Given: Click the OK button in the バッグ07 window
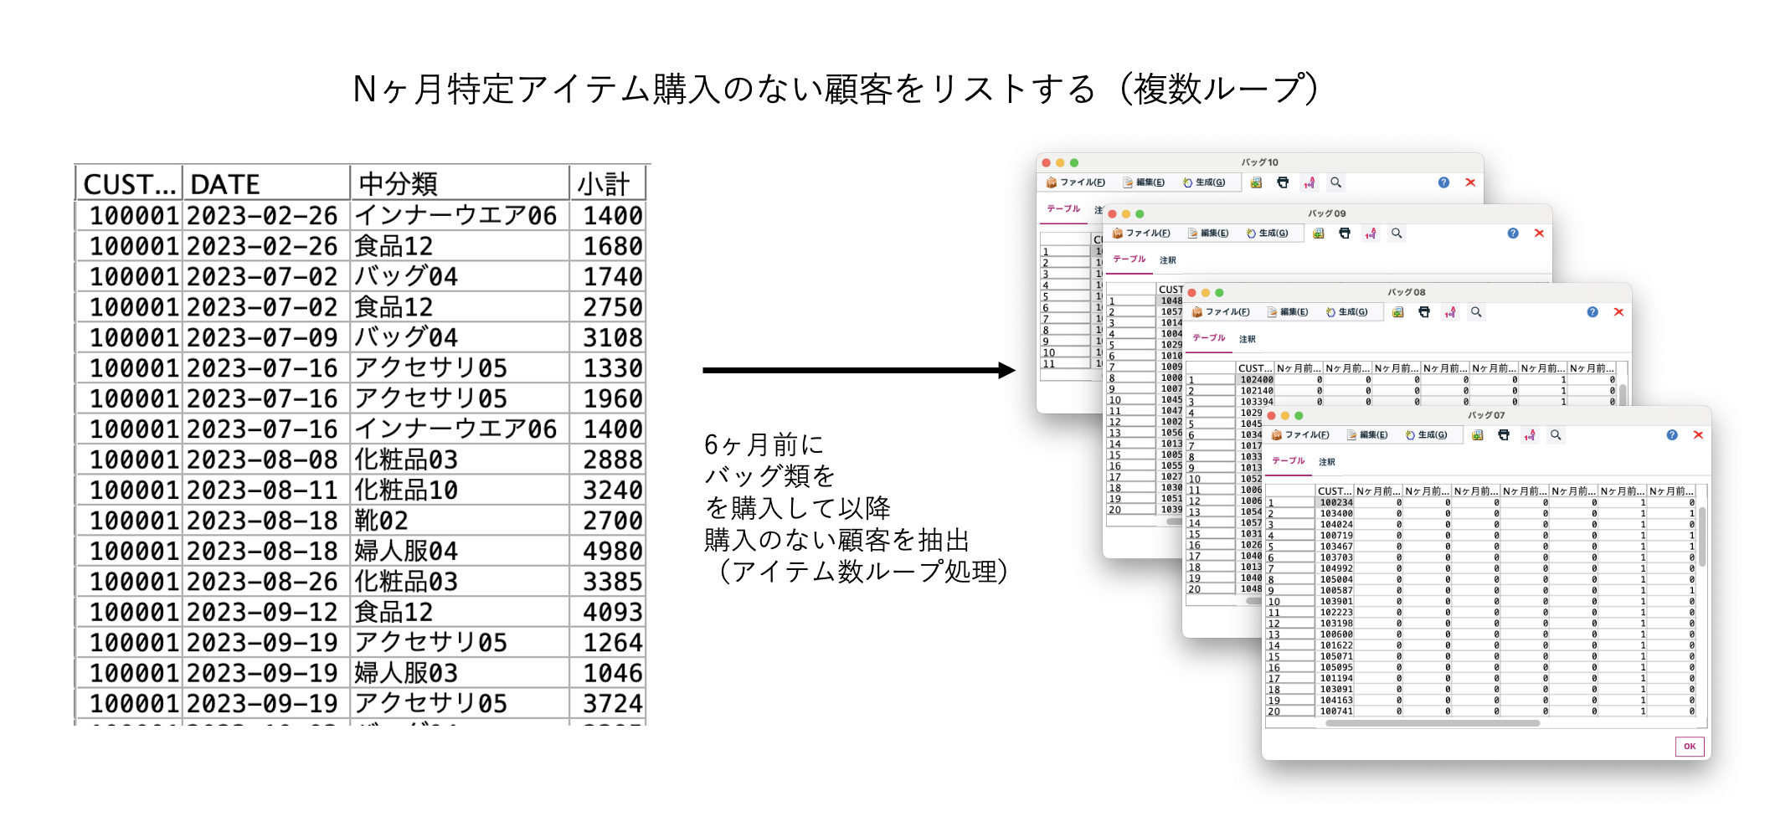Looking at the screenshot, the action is click(1689, 746).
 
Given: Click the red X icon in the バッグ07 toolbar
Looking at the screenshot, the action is click(1698, 434).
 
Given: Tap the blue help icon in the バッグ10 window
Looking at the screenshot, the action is click(1443, 182).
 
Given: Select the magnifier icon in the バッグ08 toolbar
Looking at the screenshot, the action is click(1476, 312).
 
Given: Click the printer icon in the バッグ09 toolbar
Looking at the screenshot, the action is click(1345, 234).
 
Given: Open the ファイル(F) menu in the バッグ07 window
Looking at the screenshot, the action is click(1300, 435).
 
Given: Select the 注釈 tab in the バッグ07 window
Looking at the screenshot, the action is click(1327, 462).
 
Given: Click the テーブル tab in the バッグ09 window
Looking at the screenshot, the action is click(1129, 259).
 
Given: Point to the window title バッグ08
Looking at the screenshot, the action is click(1406, 292).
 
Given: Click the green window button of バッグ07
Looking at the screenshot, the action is click(1299, 415).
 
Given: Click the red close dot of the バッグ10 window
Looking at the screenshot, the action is click(1046, 162).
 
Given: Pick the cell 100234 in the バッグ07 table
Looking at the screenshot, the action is click(1335, 503).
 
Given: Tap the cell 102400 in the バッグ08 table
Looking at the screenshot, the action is click(1256, 380).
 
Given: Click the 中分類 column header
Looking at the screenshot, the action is click(398, 184).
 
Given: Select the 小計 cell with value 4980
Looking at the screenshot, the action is click(612, 551).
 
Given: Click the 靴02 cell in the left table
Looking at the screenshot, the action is click(381, 521).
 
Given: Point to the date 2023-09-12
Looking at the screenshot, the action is click(262, 612).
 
